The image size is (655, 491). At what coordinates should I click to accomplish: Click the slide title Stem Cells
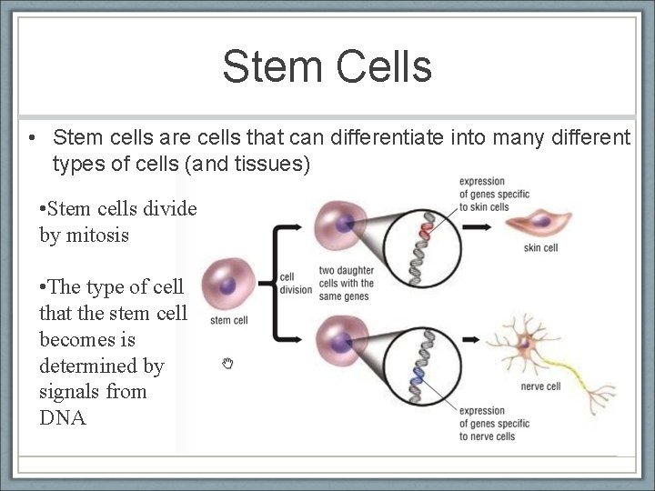pyautogui.click(x=327, y=66)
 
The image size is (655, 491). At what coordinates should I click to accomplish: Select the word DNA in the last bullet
pyautogui.click(x=63, y=417)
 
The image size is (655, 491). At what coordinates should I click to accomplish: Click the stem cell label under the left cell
pyautogui.click(x=228, y=320)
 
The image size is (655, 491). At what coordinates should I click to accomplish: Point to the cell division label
pyautogui.click(x=296, y=283)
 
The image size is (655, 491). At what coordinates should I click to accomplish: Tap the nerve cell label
pyautogui.click(x=540, y=386)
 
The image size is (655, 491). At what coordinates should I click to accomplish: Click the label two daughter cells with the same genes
pyautogui.click(x=346, y=283)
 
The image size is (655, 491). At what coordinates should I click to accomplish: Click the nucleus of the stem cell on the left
pyautogui.click(x=227, y=286)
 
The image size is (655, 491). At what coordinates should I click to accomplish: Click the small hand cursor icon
pyautogui.click(x=228, y=364)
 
